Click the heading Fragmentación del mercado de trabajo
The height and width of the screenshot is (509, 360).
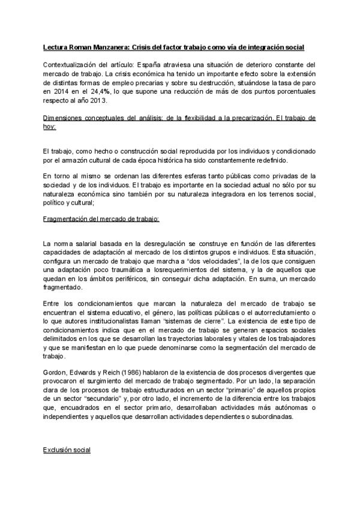click(x=102, y=220)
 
